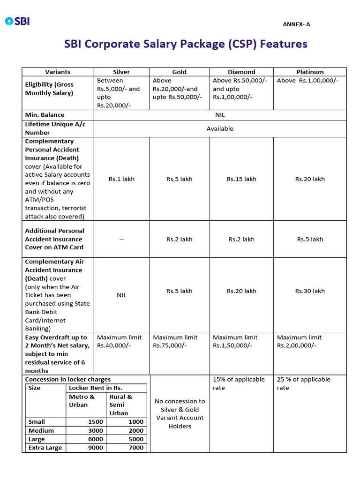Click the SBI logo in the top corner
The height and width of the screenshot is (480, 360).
point(17,21)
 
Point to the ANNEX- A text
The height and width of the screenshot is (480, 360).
point(296,24)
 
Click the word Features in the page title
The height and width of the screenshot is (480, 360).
point(284,44)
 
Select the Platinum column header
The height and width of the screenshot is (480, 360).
point(310,72)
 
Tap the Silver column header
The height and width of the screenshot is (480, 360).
point(121,72)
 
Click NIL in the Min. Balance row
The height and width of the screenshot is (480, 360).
point(220,114)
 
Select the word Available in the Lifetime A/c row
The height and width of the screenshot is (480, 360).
point(220,128)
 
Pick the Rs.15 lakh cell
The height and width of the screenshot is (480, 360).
point(241,179)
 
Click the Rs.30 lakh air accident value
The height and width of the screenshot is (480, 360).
point(310,291)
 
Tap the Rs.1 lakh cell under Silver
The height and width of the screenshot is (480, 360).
point(121,179)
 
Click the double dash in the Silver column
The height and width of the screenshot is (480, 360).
point(121,239)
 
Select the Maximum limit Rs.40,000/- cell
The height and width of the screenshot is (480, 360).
point(119,341)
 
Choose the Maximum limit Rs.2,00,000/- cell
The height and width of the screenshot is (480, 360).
point(300,341)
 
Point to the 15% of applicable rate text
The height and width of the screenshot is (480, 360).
point(239,383)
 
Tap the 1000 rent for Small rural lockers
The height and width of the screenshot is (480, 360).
point(136,422)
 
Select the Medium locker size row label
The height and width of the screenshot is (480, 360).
point(41,430)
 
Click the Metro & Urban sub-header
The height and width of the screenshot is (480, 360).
point(82,401)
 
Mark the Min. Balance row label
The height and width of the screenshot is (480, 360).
point(45,115)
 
